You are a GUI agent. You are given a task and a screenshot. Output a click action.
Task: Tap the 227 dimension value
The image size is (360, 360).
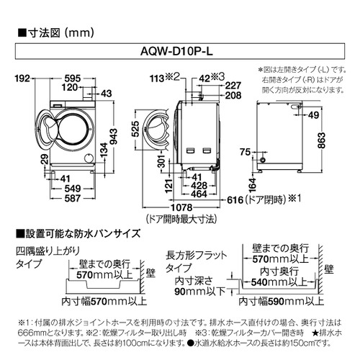pyautogui.click(x=231, y=84)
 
